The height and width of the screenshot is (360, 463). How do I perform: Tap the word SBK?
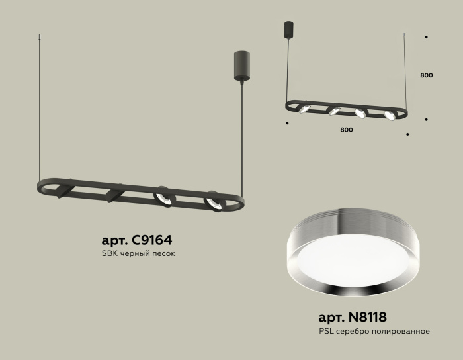[x=109, y=255]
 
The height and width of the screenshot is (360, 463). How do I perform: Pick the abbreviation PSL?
[x=327, y=331]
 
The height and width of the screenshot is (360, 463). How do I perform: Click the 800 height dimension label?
[x=427, y=75]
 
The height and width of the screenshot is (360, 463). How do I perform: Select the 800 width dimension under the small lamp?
[x=346, y=130]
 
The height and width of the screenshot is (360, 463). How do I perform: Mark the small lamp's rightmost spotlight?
[x=390, y=116]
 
